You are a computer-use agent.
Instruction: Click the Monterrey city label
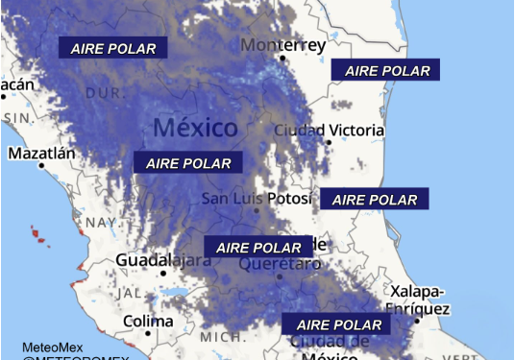click(x=283, y=45)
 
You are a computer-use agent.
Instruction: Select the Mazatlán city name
click(x=41, y=153)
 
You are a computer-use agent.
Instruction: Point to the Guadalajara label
click(x=163, y=260)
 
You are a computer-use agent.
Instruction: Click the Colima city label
click(x=148, y=321)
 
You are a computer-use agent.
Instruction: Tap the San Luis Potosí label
click(x=257, y=199)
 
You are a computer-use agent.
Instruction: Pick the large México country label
click(x=195, y=128)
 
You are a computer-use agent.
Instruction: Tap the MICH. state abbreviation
click(x=222, y=337)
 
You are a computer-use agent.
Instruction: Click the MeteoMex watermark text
click(x=53, y=347)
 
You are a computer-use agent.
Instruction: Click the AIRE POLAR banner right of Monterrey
click(x=385, y=70)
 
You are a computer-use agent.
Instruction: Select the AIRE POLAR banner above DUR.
click(x=113, y=48)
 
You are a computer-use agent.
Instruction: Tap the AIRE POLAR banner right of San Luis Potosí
click(x=375, y=200)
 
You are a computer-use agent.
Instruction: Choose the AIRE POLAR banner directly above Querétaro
click(x=258, y=247)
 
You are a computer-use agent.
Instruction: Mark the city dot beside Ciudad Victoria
click(x=329, y=142)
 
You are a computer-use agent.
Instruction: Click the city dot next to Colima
click(x=148, y=333)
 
